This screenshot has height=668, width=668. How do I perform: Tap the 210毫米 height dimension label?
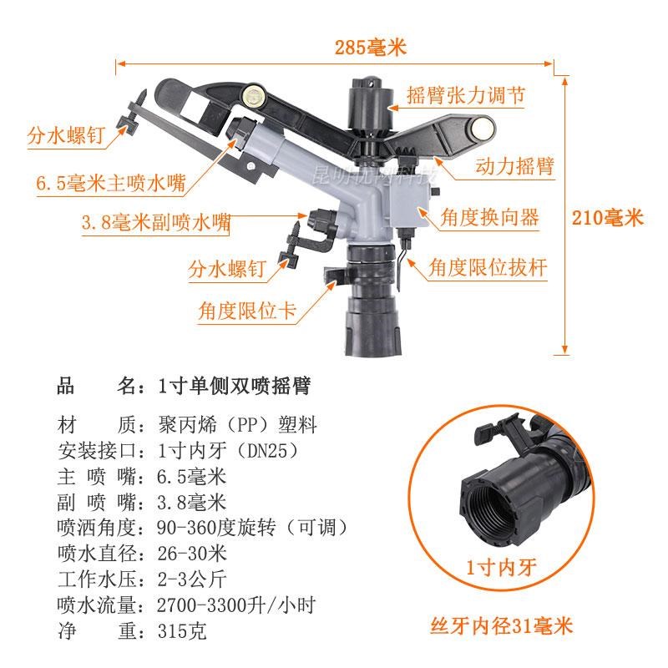point(607,219)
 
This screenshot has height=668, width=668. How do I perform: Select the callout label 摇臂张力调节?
point(465,94)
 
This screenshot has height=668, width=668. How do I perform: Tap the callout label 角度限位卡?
point(247,311)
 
